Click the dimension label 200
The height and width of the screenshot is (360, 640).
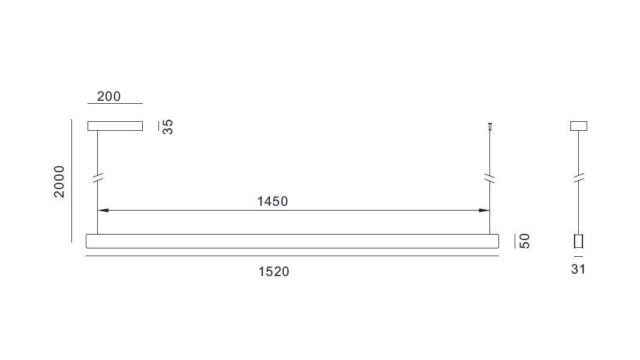[109, 96]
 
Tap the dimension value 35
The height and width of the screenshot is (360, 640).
[168, 127]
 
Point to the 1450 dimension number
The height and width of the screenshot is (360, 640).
[273, 202]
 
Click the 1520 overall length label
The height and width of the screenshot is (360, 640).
[274, 272]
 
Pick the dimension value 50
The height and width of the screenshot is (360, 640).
[524, 241]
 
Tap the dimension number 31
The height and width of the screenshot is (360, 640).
[578, 269]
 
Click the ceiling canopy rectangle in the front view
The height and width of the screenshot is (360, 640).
[115, 126]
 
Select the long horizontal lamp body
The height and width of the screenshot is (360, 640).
[293, 241]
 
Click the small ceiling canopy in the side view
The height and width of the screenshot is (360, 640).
[578, 126]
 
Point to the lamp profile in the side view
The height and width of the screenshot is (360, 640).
[578, 241]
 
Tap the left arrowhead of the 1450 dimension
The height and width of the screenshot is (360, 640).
[103, 211]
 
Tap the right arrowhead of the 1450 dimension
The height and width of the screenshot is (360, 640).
[483, 211]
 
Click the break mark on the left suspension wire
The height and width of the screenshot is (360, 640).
[97, 178]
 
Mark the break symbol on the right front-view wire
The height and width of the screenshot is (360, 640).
[490, 178]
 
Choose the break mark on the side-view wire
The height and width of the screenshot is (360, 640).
[578, 178]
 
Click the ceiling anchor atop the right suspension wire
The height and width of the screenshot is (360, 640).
[490, 127]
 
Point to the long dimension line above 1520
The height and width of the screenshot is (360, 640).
[293, 256]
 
